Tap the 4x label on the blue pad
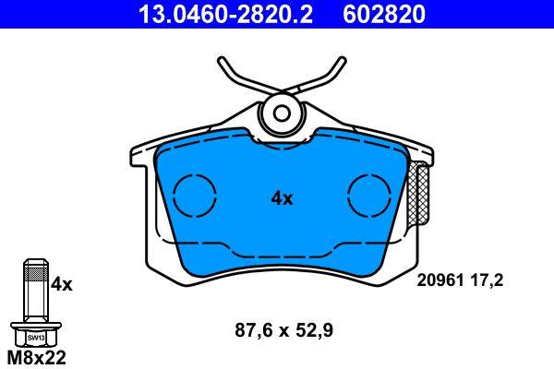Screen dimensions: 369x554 coord(282,197)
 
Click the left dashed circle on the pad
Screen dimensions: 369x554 coord(194,196)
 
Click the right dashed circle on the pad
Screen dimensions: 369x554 coord(368,196)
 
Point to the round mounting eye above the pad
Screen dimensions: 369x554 coord(282,114)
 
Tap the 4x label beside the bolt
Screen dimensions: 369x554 coord(61,284)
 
